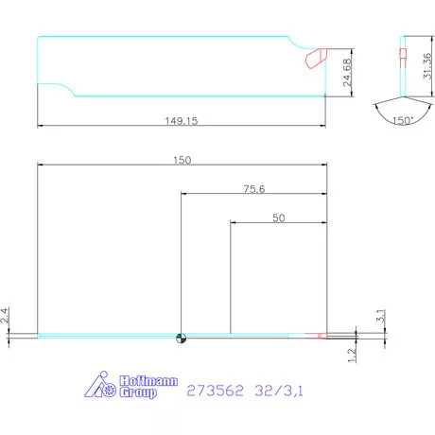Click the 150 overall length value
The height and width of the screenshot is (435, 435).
182,161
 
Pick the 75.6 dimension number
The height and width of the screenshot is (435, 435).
253,189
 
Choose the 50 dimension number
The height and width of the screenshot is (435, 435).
278,217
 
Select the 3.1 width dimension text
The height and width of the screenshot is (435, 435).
378,315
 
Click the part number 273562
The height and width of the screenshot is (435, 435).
215,389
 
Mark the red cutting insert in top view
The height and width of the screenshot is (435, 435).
314,59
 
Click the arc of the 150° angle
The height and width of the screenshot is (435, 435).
402,113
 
